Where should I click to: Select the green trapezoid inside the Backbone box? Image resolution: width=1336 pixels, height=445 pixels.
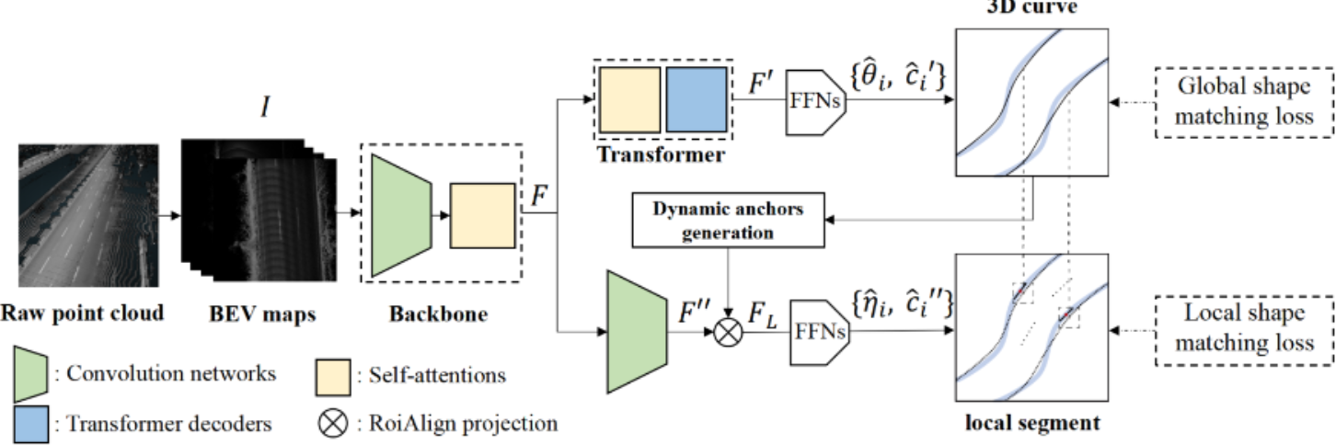(x=402, y=214)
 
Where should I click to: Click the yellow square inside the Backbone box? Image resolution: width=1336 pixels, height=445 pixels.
(x=481, y=216)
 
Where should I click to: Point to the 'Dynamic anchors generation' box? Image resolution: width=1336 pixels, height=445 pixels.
(x=729, y=221)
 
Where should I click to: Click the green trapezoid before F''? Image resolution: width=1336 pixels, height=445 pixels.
(x=637, y=329)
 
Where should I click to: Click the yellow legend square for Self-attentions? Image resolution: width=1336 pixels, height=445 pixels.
(x=332, y=374)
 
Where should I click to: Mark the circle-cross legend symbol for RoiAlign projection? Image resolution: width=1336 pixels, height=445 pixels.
(x=332, y=424)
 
